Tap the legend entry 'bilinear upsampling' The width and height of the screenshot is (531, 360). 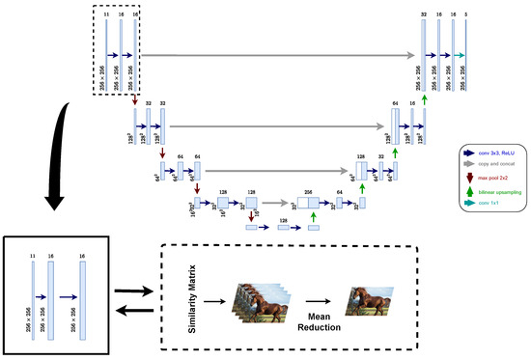coord(496,192)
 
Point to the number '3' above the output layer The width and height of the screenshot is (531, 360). coord(467,14)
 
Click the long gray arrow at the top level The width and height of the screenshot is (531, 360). coord(280,57)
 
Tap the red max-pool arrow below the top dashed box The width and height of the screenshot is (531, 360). coord(136,100)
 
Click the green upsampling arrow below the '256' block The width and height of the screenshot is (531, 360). coord(314,216)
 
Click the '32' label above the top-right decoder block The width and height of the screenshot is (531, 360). coord(423,14)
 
